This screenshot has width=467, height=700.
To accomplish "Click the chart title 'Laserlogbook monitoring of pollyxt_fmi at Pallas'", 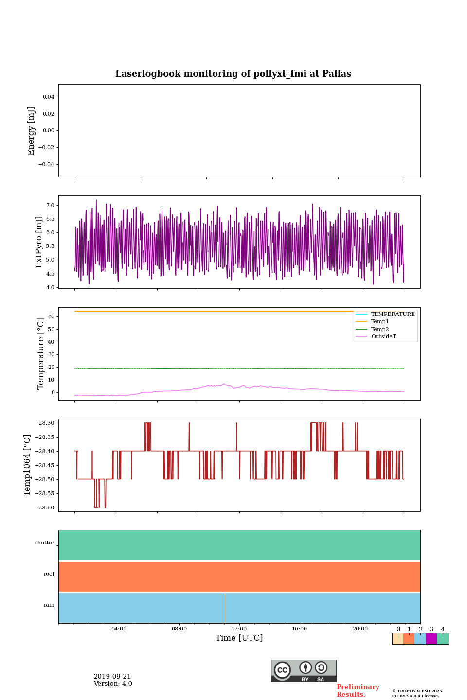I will point(233,74).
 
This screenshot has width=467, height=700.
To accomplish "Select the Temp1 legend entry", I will point(379,322).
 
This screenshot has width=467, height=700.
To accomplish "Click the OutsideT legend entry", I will point(383,337).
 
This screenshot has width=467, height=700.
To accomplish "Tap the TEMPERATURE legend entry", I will point(393,315).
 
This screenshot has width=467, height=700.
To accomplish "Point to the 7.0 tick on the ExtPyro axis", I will point(50,206).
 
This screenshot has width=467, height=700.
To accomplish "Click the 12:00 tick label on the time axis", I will point(239,629).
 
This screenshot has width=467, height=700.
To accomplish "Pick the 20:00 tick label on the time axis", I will point(360,629).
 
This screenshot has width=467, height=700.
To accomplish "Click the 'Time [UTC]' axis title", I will point(239,638).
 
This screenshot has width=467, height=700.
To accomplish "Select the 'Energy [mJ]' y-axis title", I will point(32,131).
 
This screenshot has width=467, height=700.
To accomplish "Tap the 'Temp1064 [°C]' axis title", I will point(28,465).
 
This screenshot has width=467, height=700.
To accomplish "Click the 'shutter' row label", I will point(45,543).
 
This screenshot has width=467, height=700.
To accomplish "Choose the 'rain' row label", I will point(49,605).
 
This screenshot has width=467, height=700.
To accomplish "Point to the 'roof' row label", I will point(49,574).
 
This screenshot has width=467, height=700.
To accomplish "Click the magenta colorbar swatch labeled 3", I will point(431,639).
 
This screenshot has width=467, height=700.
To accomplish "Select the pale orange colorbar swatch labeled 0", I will point(397,639).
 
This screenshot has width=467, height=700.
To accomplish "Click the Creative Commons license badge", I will point(304,671).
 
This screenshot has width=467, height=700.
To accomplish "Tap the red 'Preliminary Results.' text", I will point(358,691).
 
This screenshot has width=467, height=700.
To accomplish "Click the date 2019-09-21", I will point(112,677).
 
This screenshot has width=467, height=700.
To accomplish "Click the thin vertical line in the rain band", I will point(225,608).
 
